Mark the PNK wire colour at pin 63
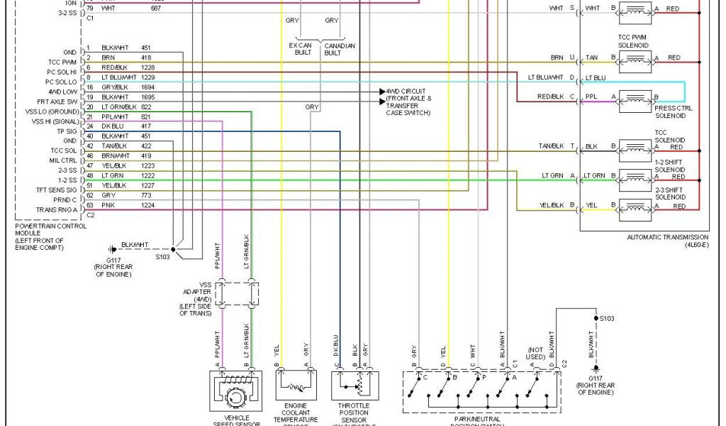107,204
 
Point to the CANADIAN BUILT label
339,49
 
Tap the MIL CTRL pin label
62,160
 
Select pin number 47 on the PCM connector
90,165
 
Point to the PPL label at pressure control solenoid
591,97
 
